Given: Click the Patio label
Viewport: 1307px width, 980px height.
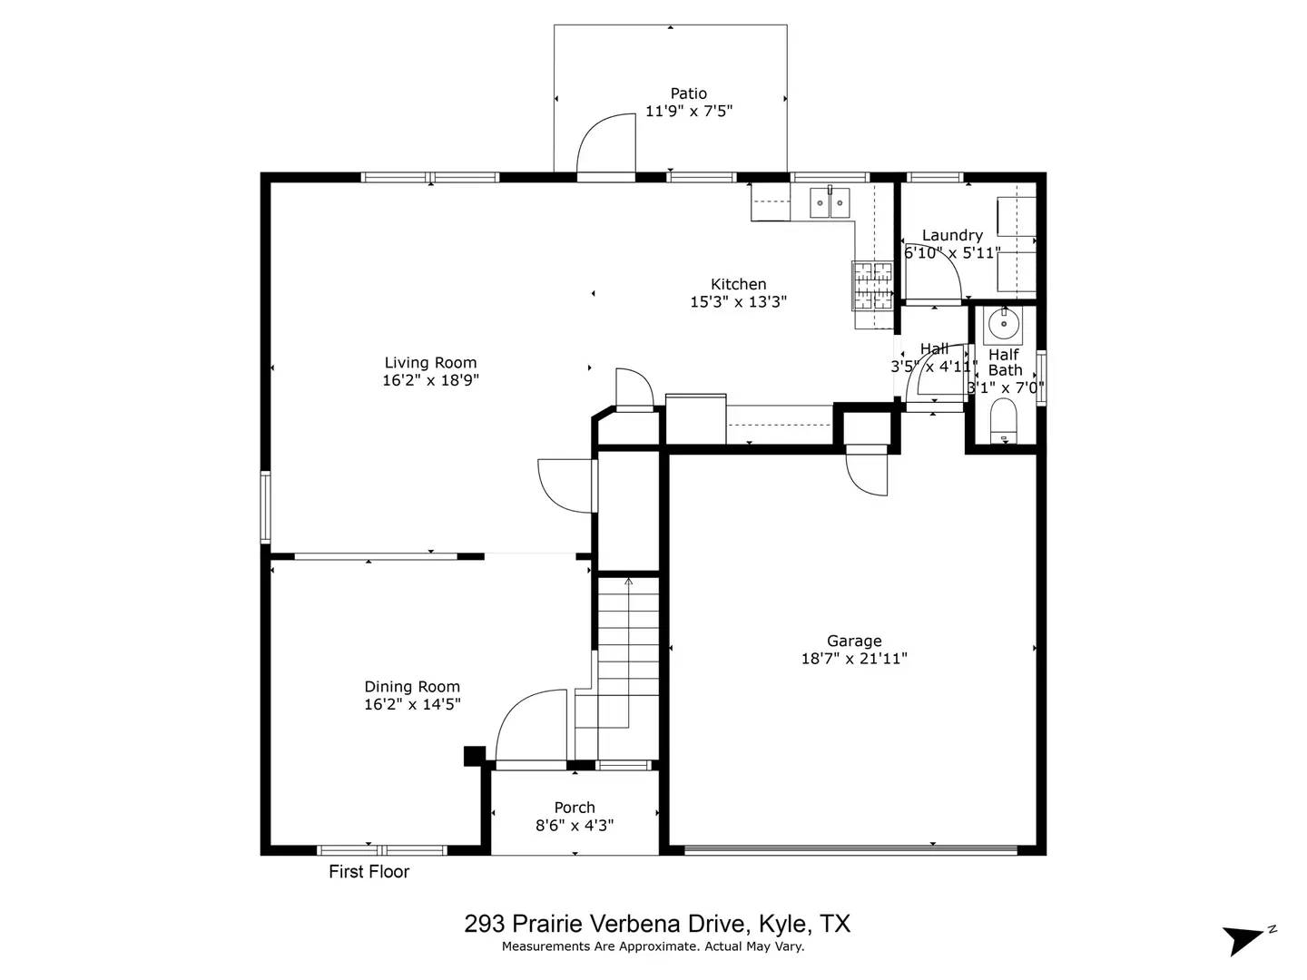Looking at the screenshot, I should point(688,93).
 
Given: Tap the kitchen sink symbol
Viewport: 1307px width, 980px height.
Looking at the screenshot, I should point(830,202).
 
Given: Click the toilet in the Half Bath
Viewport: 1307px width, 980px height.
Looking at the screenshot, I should point(1003,422).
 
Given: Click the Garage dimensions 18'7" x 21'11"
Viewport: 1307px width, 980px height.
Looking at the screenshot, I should point(853,659).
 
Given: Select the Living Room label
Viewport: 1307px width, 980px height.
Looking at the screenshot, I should point(430,363).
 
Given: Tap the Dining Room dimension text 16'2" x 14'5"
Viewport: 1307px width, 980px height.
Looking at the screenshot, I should point(412,704).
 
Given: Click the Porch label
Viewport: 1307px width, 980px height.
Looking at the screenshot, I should point(575,808).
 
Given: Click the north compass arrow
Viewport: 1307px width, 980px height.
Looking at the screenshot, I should point(1245,938).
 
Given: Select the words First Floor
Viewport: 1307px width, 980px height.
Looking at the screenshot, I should point(369,872).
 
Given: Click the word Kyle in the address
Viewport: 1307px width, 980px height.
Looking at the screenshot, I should point(782,924).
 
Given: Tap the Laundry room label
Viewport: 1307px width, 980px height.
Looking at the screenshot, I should point(952,236).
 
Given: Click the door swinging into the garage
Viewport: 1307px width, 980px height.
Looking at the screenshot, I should point(866,473).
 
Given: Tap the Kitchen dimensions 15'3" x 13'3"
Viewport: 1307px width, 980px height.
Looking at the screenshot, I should point(738,302).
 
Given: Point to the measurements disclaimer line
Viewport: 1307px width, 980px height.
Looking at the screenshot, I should point(653,946).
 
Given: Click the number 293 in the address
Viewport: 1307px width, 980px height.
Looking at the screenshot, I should point(485,924).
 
